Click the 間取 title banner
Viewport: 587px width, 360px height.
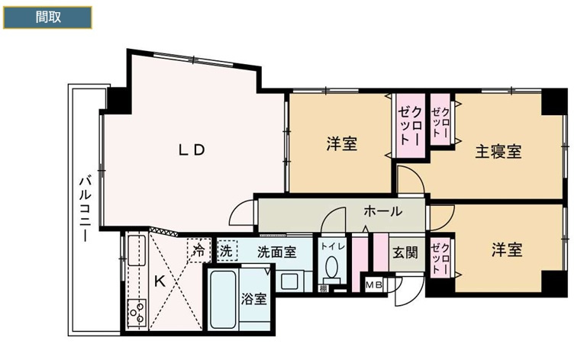(x=47, y=18)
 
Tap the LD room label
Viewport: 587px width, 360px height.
(x=192, y=150)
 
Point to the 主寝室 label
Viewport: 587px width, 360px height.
(x=498, y=151)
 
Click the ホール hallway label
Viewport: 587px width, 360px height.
(x=382, y=211)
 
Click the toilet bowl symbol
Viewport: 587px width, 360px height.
(x=332, y=269)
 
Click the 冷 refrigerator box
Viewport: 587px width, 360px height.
(x=198, y=249)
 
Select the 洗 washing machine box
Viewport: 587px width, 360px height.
(x=227, y=249)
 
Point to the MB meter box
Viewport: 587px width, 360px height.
(x=375, y=286)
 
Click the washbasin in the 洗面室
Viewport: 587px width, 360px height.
(x=291, y=280)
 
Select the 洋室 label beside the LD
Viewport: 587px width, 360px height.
(x=343, y=143)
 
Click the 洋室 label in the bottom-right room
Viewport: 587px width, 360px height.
(x=506, y=249)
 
